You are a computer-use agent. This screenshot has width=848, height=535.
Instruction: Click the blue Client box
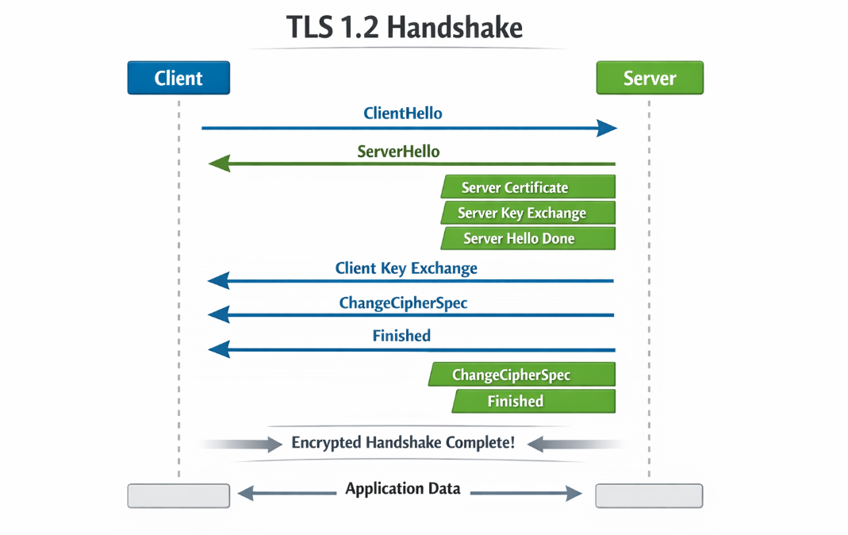[178, 78]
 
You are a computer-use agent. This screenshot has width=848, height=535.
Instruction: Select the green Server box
[649, 78]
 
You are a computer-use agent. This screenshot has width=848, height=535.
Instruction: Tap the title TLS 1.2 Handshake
[405, 29]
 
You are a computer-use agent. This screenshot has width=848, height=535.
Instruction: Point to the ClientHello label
[403, 114]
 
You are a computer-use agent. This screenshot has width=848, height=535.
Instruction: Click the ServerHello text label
[398, 151]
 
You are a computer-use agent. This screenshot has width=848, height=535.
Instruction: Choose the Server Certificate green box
[528, 187]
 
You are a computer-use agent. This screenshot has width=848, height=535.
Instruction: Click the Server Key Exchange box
[528, 213]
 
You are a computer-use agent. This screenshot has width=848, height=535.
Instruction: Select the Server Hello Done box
[528, 238]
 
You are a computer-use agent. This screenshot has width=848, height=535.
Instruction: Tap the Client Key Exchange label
[406, 268]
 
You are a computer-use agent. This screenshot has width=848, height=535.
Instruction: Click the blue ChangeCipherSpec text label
[403, 303]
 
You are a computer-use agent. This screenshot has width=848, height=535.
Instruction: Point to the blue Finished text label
[401, 336]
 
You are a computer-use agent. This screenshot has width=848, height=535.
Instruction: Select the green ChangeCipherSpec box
[522, 375]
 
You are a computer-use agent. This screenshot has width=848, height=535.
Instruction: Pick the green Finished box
[533, 401]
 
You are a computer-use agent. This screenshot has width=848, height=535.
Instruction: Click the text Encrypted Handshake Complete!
[403, 443]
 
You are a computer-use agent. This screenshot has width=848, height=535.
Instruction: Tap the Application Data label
[403, 488]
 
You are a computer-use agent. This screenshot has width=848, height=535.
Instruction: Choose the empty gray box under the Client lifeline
[178, 495]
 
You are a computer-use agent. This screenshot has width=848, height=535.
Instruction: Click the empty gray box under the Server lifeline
[649, 495]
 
